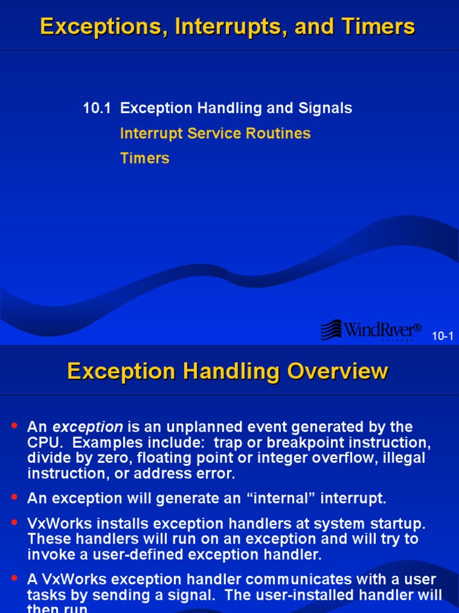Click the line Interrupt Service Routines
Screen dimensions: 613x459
pyautogui.click(x=215, y=133)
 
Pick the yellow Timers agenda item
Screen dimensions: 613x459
pyautogui.click(x=145, y=158)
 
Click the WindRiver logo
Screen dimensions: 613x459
pyautogui.click(x=371, y=329)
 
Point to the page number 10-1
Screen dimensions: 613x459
pyautogui.click(x=442, y=336)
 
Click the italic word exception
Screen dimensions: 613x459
pyautogui.click(x=88, y=427)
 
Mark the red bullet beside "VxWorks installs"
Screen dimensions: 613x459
pyautogui.click(x=15, y=522)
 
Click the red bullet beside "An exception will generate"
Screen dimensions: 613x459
pyautogui.click(x=15, y=496)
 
